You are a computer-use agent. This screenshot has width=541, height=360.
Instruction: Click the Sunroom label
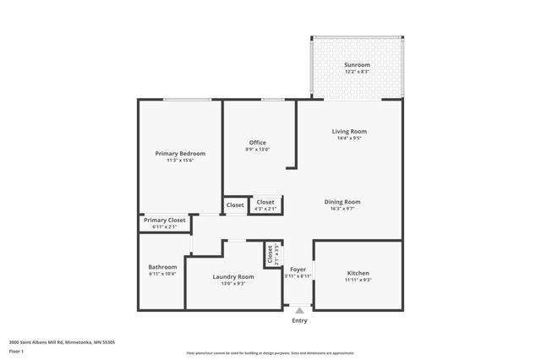tap(356, 65)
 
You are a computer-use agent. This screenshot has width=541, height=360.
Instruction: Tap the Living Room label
tap(348, 131)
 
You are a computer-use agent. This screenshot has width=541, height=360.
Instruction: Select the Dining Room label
tap(342, 201)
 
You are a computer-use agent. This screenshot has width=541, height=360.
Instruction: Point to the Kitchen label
tap(358, 273)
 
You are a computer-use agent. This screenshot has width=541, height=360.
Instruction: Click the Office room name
tap(258, 142)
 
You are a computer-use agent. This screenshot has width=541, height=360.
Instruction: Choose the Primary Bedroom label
tap(180, 153)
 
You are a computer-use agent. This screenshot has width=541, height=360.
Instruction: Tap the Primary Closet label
tap(164, 220)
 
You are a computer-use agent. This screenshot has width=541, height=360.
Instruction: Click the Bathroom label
tap(162, 267)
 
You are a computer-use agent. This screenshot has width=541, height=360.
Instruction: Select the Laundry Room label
tap(233, 276)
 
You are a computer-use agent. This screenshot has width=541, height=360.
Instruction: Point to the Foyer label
tap(298, 270)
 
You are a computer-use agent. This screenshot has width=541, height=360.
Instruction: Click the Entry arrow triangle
tap(299, 310)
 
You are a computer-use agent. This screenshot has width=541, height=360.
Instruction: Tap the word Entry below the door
tap(299, 320)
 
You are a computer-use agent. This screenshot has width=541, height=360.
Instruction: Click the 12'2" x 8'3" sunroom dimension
tap(356, 72)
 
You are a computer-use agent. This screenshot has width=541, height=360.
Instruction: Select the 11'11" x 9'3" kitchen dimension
tap(358, 280)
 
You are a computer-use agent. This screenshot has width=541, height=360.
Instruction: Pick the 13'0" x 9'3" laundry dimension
tap(233, 283)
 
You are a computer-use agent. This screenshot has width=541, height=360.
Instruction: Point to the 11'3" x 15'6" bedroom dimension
tap(180, 160)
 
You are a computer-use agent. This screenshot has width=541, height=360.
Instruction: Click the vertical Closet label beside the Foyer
tap(270, 254)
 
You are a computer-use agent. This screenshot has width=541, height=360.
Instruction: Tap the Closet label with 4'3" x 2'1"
tap(265, 202)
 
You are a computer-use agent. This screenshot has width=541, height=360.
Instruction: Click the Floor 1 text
tap(16, 350)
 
